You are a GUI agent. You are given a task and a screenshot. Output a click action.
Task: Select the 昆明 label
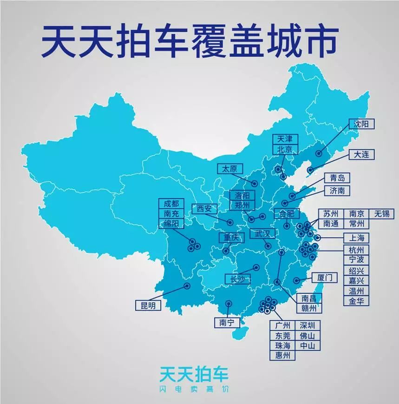(148, 305)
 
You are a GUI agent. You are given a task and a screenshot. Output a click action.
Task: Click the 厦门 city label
(324, 278)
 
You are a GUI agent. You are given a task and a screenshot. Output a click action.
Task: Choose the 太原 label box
(229, 169)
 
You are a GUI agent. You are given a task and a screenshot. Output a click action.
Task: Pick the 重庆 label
(231, 238)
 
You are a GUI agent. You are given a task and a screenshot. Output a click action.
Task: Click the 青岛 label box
(337, 178)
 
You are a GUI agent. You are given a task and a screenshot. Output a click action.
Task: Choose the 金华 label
(357, 301)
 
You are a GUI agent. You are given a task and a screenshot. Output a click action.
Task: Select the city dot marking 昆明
(187, 286)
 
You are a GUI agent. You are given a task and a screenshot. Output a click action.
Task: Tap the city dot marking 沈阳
(319, 153)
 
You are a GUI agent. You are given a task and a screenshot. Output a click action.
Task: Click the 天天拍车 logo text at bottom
(194, 374)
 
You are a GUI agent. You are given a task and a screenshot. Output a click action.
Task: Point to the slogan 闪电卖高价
(194, 389)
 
